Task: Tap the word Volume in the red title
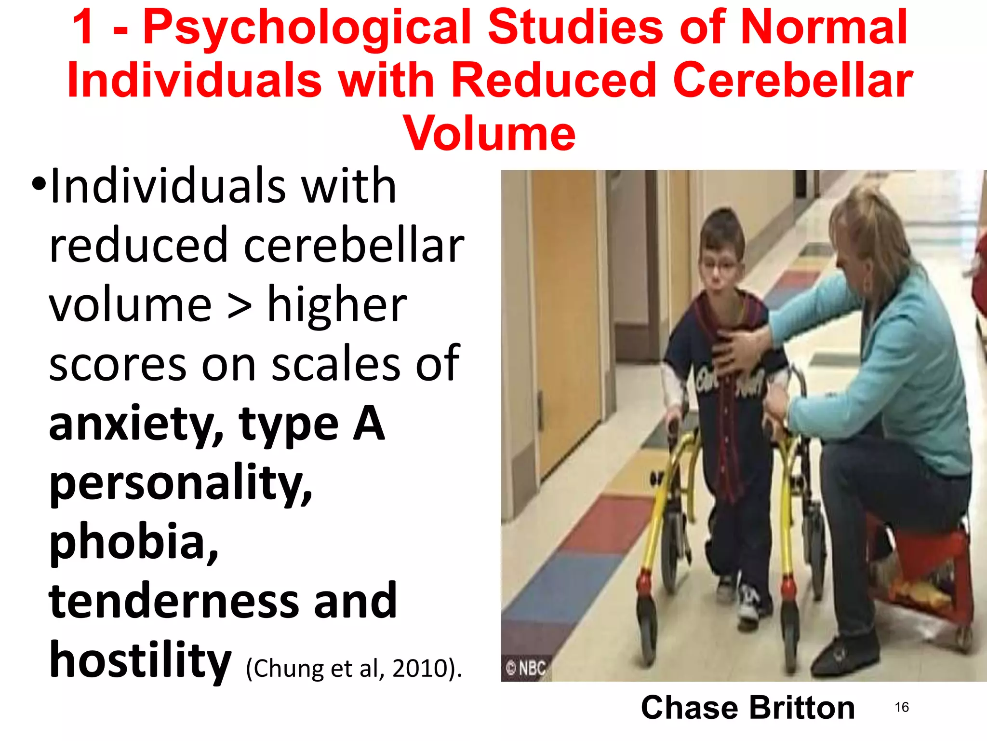coord(490,134)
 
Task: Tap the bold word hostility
coord(140,660)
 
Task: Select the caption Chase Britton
coord(747,708)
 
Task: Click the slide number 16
coord(901,707)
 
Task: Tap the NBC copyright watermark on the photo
coord(526,668)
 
